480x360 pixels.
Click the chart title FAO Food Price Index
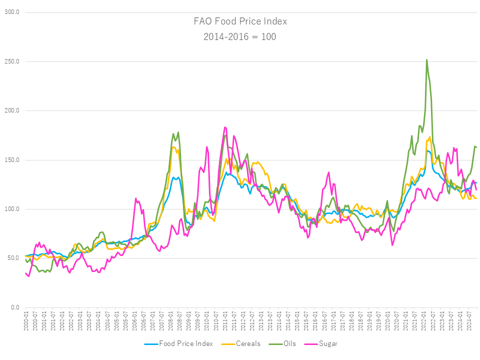tap(240, 21)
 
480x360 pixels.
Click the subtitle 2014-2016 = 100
tap(240, 36)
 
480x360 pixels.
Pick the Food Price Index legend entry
tap(185, 343)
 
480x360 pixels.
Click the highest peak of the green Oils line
tap(426, 59)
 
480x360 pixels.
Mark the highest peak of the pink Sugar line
tap(225, 127)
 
